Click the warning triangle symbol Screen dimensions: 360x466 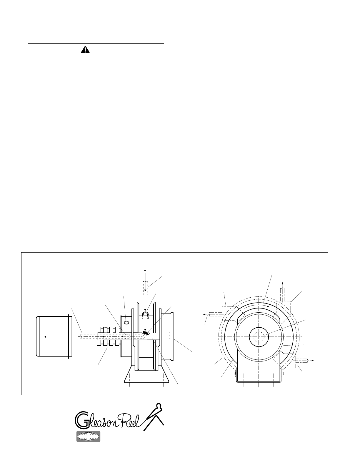click(x=85, y=50)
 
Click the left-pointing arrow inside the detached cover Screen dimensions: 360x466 click(x=53, y=337)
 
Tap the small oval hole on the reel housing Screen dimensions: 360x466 click(x=126, y=322)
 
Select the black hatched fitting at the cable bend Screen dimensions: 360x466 click(x=146, y=333)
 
